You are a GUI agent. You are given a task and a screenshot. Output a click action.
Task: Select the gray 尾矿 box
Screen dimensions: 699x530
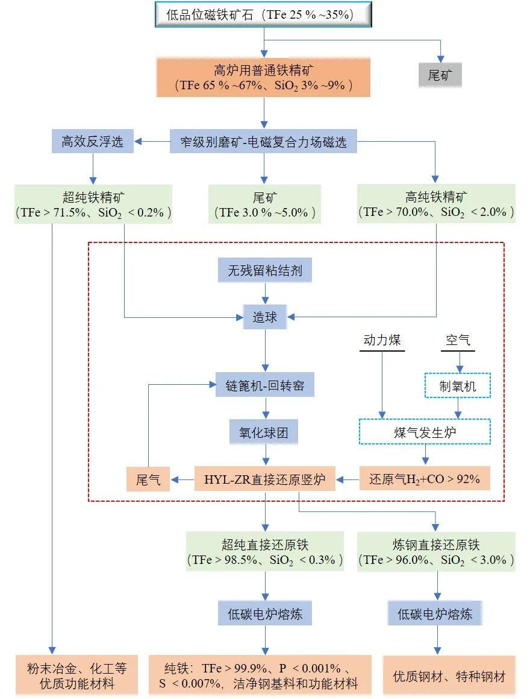tap(440, 75)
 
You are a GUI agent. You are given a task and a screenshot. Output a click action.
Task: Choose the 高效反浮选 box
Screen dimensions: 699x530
tap(93, 142)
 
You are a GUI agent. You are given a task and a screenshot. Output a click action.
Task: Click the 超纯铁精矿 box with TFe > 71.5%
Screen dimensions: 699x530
tap(93, 204)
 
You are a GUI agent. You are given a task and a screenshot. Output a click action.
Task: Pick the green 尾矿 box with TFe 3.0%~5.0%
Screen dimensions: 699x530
tap(264, 204)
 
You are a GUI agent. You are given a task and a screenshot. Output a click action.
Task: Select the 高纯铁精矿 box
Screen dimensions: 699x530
tap(436, 204)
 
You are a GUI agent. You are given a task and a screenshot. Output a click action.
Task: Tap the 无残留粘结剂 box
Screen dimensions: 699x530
tap(265, 271)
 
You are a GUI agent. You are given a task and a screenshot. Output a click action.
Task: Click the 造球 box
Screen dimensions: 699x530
tap(265, 317)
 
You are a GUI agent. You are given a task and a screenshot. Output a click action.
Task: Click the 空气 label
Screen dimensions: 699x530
tap(458, 340)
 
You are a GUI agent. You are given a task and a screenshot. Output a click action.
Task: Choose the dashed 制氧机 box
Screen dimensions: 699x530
tap(458, 385)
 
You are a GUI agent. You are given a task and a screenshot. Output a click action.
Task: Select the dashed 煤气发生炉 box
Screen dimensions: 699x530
tap(425, 432)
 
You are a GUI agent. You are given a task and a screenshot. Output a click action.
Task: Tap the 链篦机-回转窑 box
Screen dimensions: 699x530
tap(265, 385)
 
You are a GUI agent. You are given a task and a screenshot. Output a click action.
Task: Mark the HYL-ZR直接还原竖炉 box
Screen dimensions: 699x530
tap(265, 479)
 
